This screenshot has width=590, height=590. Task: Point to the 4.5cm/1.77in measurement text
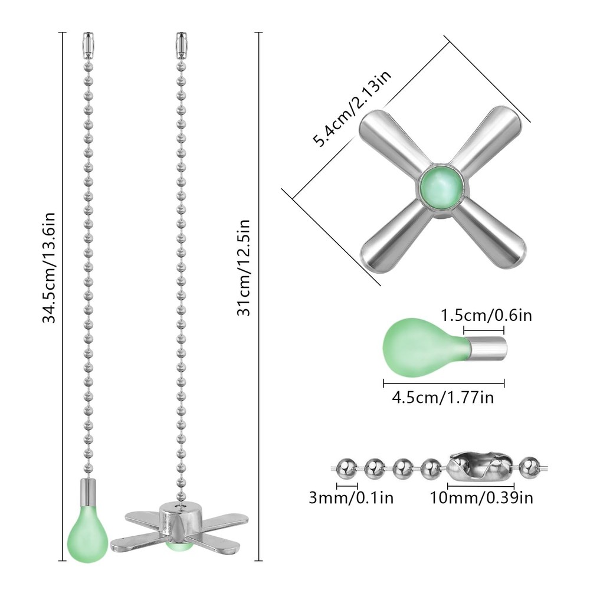tap(443, 397)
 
